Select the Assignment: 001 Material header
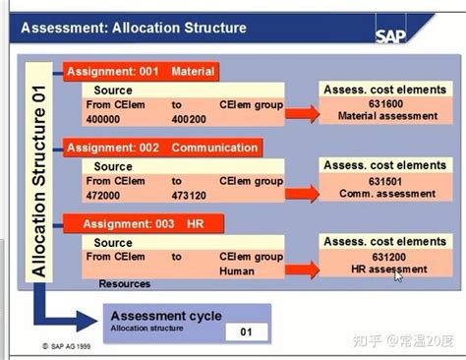click(140, 71)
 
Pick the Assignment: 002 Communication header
click(162, 149)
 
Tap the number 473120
click(191, 195)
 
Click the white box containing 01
click(246, 331)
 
